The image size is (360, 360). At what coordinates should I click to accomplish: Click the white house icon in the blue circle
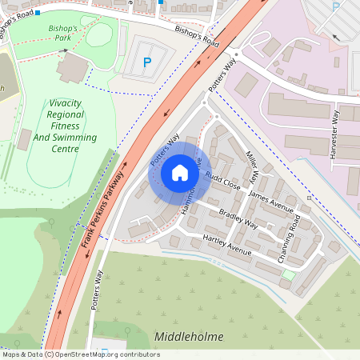point(180,173)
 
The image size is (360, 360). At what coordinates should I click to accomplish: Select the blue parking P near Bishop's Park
point(146,62)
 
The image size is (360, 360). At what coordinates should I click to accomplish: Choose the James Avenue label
point(270,201)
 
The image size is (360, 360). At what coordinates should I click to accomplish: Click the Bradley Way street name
point(238,219)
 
